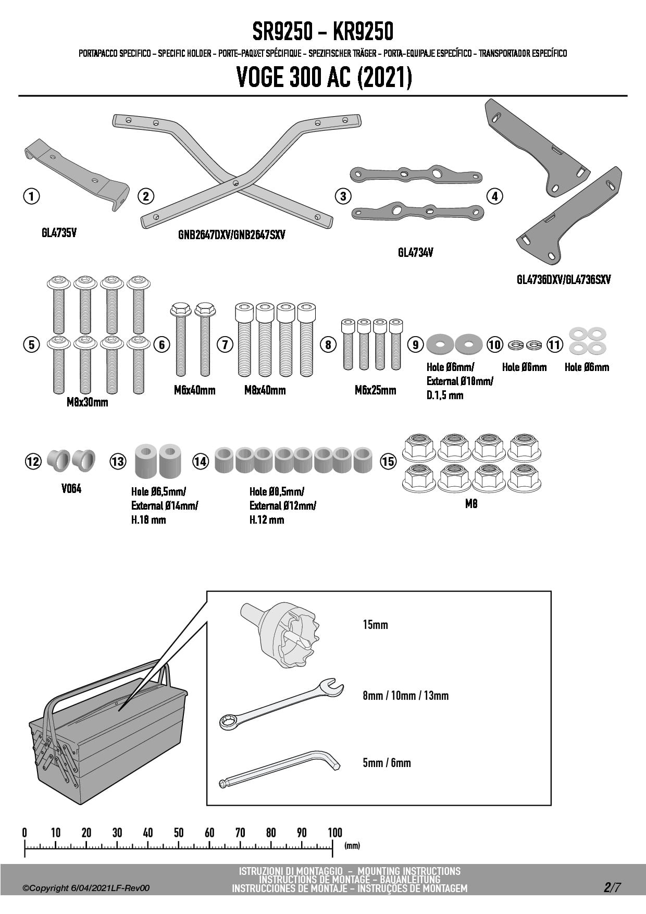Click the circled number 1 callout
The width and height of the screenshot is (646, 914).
32,196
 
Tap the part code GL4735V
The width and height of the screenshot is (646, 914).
59,233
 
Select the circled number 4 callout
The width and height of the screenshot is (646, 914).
494,196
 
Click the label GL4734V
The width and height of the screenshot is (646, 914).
415,253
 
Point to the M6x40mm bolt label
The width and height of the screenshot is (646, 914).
194,390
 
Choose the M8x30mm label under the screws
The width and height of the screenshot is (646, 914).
88,402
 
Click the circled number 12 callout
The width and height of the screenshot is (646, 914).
33,461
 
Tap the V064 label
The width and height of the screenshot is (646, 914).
71,489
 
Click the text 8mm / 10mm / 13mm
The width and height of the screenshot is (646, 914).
405,696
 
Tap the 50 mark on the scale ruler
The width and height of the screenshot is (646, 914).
179,833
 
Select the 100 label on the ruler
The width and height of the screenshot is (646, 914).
334,833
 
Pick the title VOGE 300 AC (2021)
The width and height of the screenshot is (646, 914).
324,78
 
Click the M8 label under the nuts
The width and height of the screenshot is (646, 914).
471,504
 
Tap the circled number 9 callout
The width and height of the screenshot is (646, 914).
415,344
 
